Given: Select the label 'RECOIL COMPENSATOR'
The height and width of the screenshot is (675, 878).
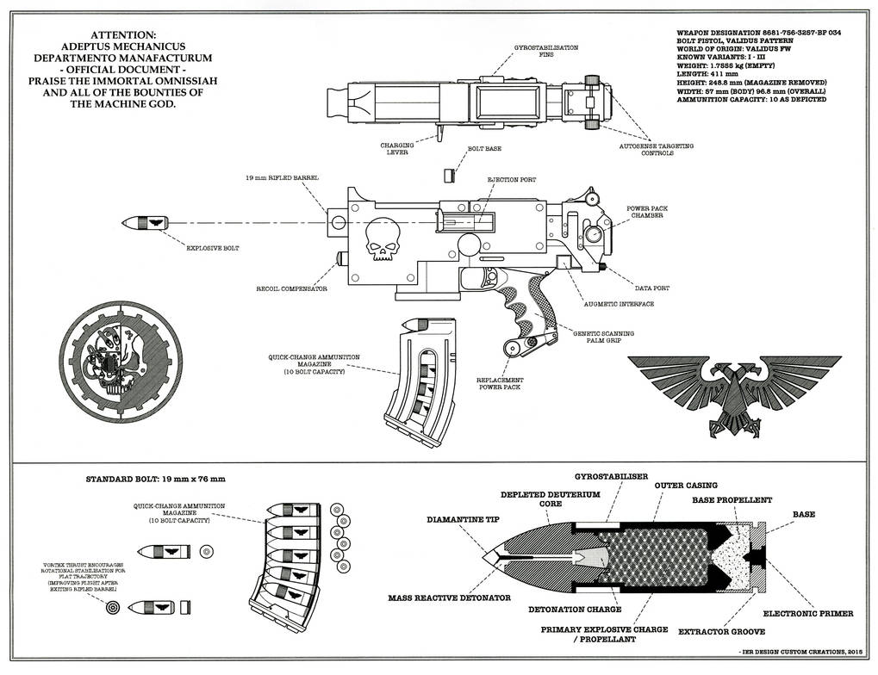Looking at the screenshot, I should [x=291, y=289].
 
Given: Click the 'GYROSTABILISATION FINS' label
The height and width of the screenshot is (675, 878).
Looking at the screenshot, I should [x=545, y=51].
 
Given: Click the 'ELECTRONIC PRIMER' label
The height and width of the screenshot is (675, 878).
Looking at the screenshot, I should [x=808, y=614].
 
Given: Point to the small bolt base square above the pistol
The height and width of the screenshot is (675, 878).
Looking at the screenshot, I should [x=448, y=175].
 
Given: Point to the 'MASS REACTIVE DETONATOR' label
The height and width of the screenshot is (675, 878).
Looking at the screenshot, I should [x=449, y=596].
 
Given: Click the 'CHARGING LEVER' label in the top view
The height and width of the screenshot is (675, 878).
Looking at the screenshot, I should [x=397, y=149].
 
